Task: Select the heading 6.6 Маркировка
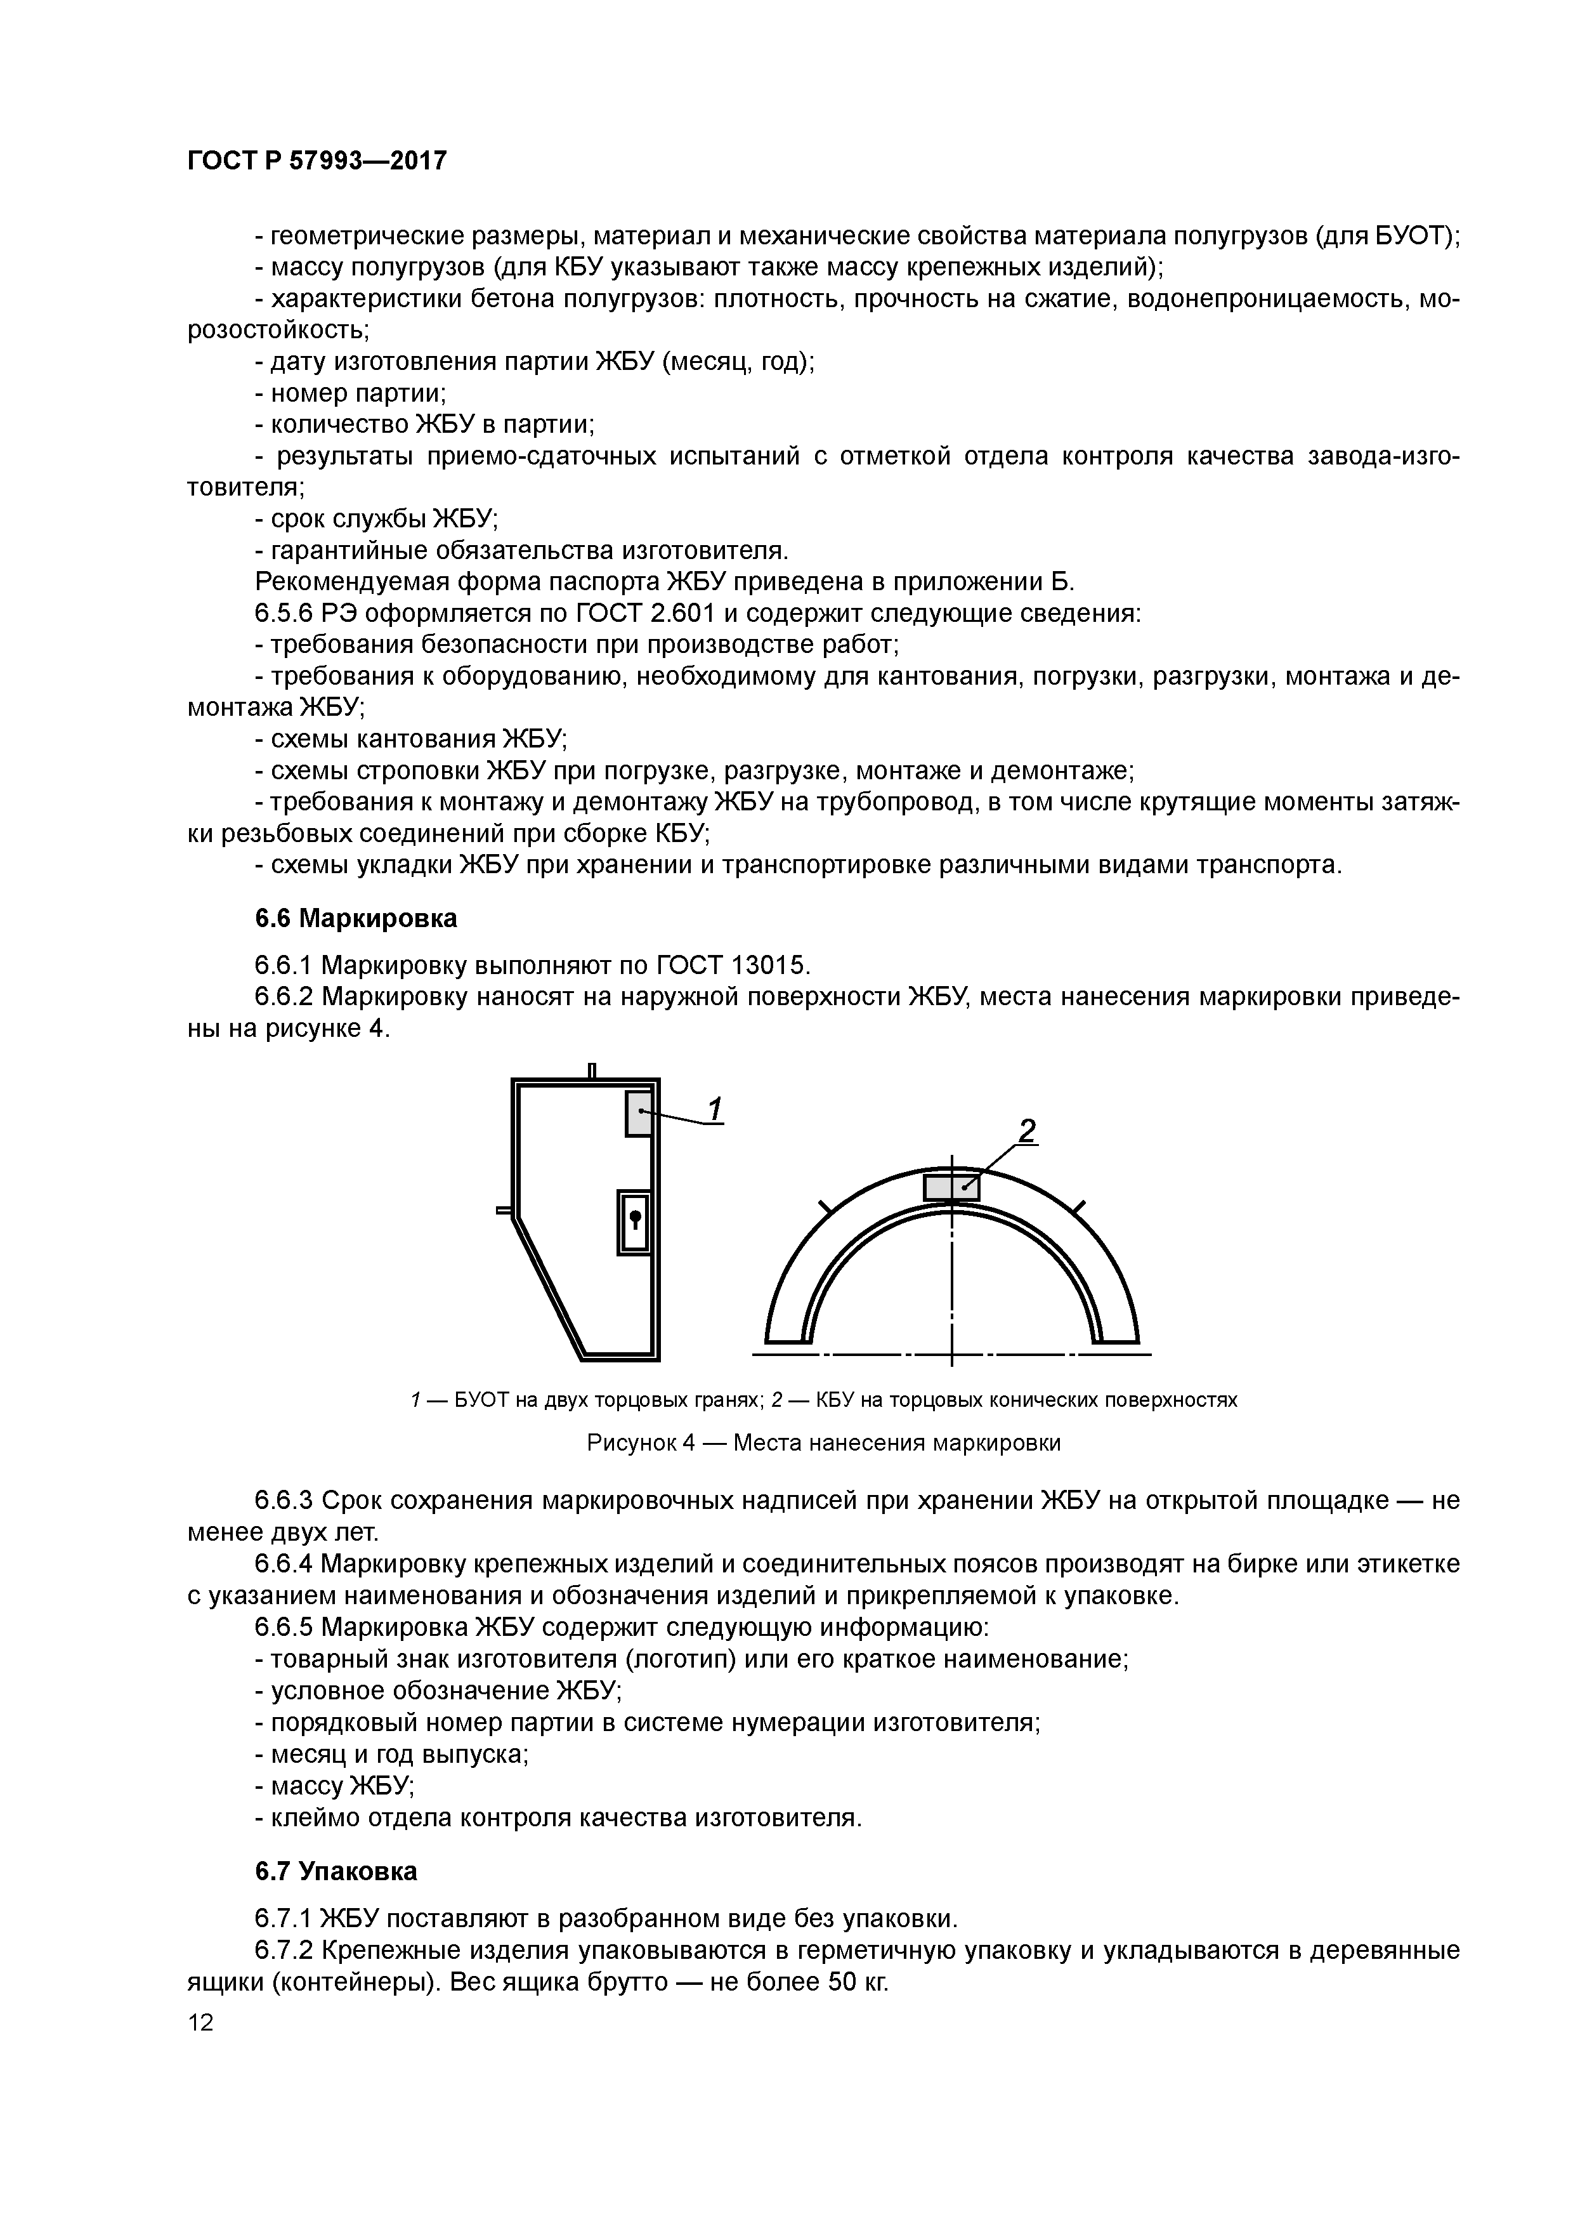(356, 918)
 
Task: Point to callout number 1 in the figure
(715, 1108)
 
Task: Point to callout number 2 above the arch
(1026, 1131)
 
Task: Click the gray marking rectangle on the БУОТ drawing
(639, 1113)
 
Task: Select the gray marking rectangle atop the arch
(951, 1188)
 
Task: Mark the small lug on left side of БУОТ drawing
(504, 1210)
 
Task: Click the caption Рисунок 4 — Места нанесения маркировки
(824, 1442)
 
